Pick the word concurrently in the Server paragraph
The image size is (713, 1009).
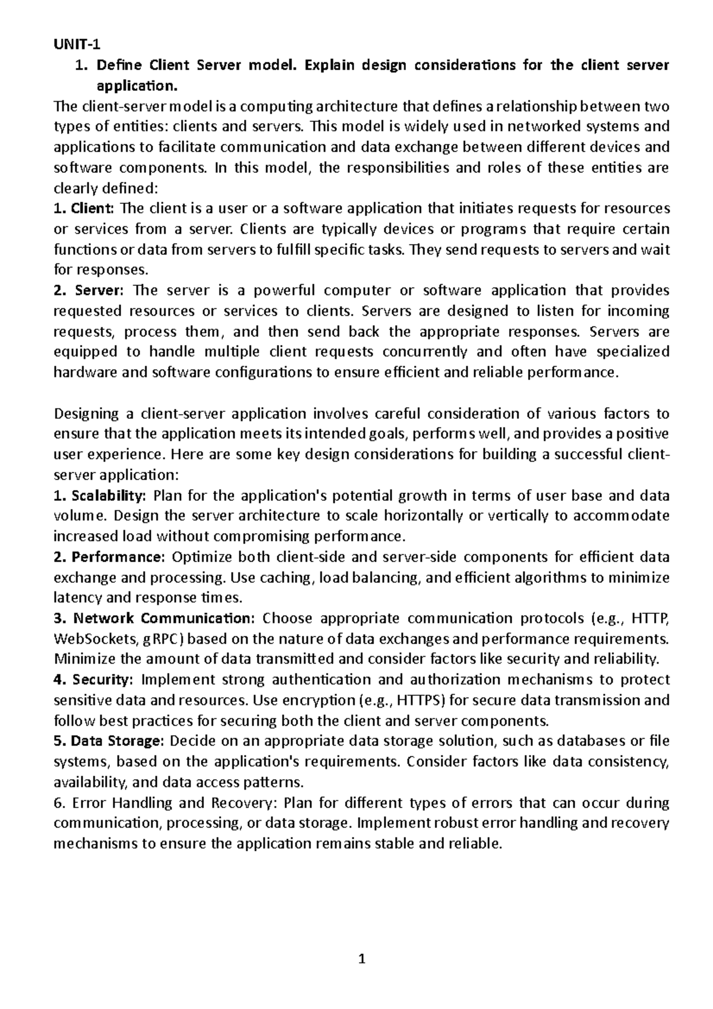425,352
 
